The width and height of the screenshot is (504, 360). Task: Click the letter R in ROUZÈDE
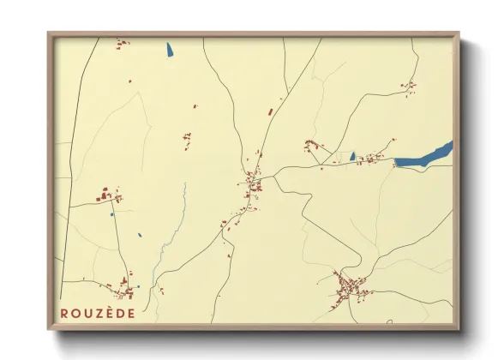click(x=63, y=313)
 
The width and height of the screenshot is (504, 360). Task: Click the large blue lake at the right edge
click(x=424, y=157)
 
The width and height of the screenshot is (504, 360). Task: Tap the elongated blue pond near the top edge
click(x=169, y=49)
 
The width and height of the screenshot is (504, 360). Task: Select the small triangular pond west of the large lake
click(x=351, y=156)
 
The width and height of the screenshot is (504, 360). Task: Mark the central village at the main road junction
click(x=252, y=183)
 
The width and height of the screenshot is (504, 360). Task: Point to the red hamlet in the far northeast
click(x=410, y=86)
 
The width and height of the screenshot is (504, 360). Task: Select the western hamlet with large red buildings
click(x=106, y=196)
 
